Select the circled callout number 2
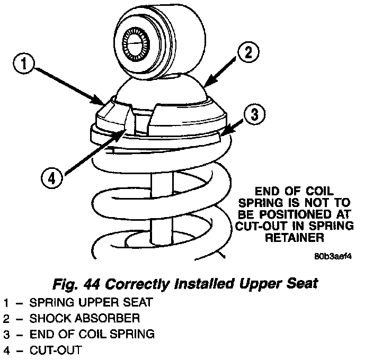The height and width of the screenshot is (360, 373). [x=248, y=52]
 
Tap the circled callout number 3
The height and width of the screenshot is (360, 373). [x=254, y=114]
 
